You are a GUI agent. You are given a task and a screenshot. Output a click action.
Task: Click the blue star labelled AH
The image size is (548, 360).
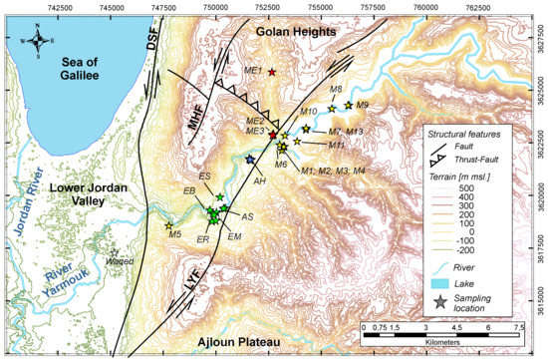point(250,160)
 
